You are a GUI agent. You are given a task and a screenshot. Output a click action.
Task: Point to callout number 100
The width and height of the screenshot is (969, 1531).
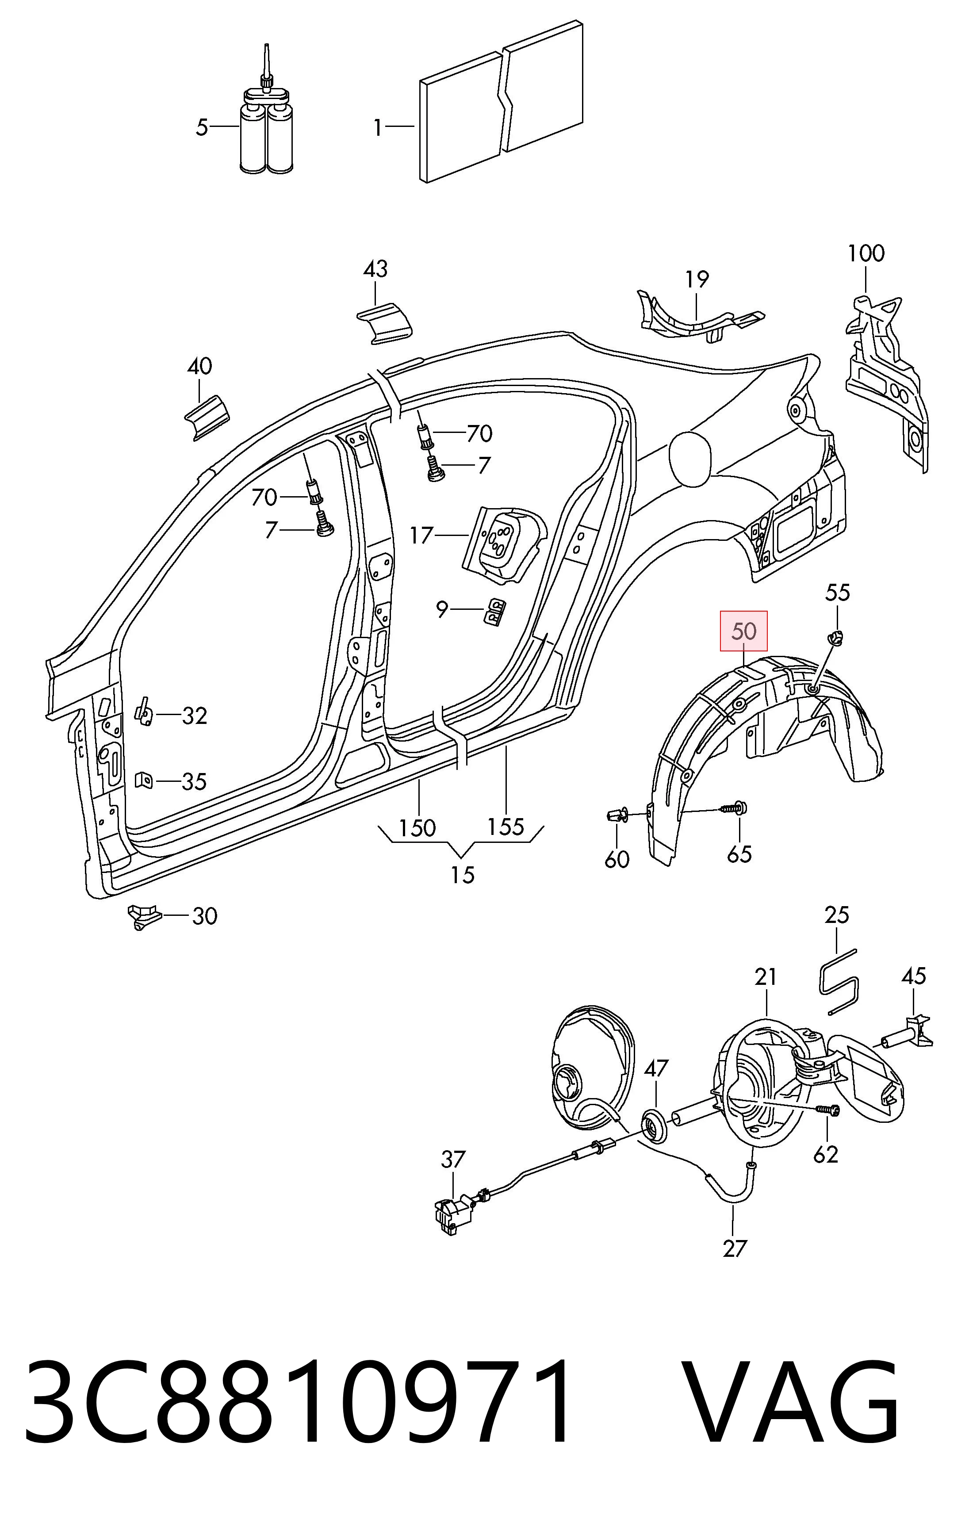click(866, 254)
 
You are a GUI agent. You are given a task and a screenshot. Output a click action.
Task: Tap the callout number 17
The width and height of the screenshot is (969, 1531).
click(421, 536)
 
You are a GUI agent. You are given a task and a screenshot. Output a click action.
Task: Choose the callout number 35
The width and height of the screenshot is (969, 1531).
click(194, 781)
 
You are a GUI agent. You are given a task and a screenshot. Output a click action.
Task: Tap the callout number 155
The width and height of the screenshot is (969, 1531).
click(506, 827)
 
